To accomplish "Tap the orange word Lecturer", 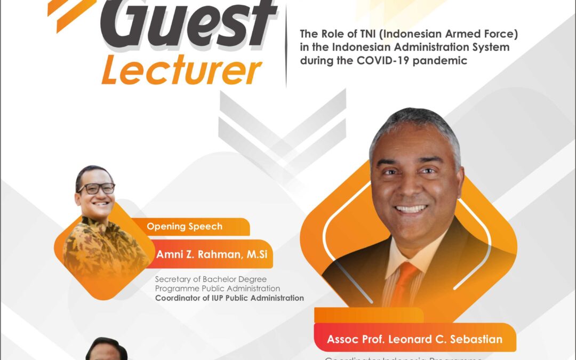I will point(181,71).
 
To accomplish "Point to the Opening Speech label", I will point(185,227).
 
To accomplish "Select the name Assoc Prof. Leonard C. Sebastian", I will point(414,339).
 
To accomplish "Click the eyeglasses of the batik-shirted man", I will point(96,188).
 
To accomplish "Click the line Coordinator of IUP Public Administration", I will point(229,298).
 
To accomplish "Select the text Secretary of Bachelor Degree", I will point(210,279).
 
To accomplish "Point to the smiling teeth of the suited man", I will point(411,209).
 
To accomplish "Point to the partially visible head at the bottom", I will point(107,349).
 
